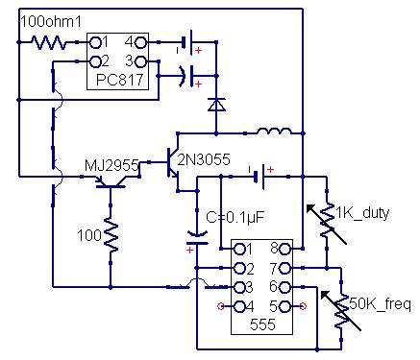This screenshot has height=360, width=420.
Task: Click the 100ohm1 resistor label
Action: [51, 22]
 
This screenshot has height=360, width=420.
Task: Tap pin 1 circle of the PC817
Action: [95, 42]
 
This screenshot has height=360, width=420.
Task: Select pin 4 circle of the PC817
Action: [141, 42]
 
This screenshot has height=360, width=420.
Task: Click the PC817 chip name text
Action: [119, 80]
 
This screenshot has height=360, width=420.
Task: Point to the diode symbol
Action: [216, 105]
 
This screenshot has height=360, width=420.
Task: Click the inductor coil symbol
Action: [274, 131]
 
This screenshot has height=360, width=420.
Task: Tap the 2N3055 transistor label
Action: [204, 159]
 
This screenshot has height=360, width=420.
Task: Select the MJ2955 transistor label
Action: [111, 165]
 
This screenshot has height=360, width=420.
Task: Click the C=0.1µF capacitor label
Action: [235, 218]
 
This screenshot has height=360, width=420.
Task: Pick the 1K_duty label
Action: [362, 213]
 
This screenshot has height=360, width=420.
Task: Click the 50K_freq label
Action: [380, 304]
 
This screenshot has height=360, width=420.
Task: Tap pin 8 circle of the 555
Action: [285, 249]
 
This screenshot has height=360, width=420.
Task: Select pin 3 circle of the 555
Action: [239, 287]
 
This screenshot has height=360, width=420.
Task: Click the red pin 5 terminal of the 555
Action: [303, 306]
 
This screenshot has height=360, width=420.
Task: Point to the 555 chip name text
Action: [262, 324]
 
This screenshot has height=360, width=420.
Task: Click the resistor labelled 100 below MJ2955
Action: [111, 235]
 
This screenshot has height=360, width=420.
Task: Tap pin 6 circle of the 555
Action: [285, 287]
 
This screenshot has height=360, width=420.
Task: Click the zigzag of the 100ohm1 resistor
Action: [49, 42]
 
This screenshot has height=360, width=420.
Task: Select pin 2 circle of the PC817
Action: [95, 61]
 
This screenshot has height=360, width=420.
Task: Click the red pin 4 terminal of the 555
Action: [221, 306]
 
